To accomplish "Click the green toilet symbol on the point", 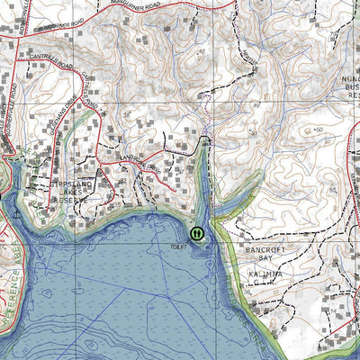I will [197, 233].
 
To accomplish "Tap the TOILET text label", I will [176, 245].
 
